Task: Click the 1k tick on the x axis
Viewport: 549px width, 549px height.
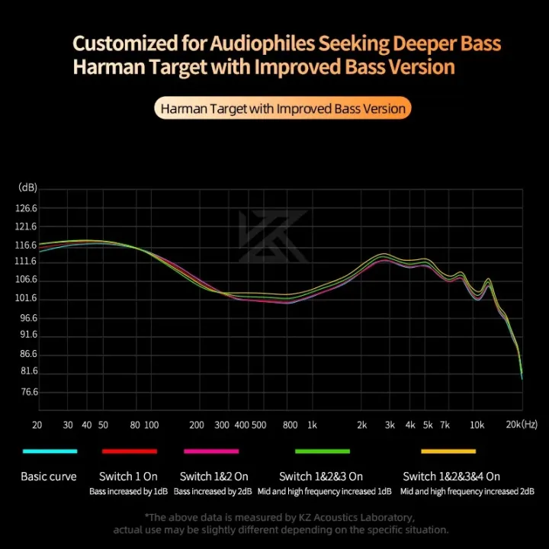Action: point(312,425)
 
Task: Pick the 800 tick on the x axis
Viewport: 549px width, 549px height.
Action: point(290,425)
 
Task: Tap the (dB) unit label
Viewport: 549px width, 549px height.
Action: point(27,188)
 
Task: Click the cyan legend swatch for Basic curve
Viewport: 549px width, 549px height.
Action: point(50,451)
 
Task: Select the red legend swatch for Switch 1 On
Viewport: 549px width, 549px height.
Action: point(128,451)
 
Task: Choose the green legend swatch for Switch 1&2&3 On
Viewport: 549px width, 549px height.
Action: point(321,451)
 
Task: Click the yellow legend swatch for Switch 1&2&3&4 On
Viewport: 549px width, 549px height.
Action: point(448,451)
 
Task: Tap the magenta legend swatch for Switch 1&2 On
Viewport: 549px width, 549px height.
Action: point(210,451)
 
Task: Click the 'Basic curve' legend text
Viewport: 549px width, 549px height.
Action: point(49,477)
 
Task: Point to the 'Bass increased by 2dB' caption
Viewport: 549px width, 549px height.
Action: point(213,492)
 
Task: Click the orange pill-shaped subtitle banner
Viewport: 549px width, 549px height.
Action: point(282,108)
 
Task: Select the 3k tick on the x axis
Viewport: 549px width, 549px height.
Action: point(390,425)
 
